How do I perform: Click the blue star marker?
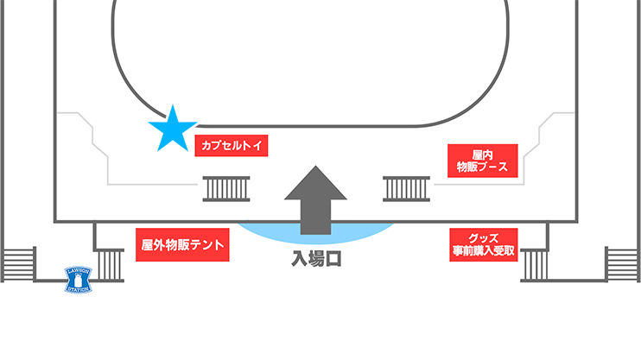173,129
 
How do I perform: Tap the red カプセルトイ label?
232,146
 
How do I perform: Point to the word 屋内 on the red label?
482,153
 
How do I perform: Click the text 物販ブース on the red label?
482,167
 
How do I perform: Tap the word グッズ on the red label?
482,237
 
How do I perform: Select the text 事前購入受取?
482,251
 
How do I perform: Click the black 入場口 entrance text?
316,257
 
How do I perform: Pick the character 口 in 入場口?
333,257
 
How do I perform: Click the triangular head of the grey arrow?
316,184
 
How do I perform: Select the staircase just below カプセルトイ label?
227,187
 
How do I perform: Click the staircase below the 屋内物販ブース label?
407,187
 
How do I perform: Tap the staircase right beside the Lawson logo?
109,264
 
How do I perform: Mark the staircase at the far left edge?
16,264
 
